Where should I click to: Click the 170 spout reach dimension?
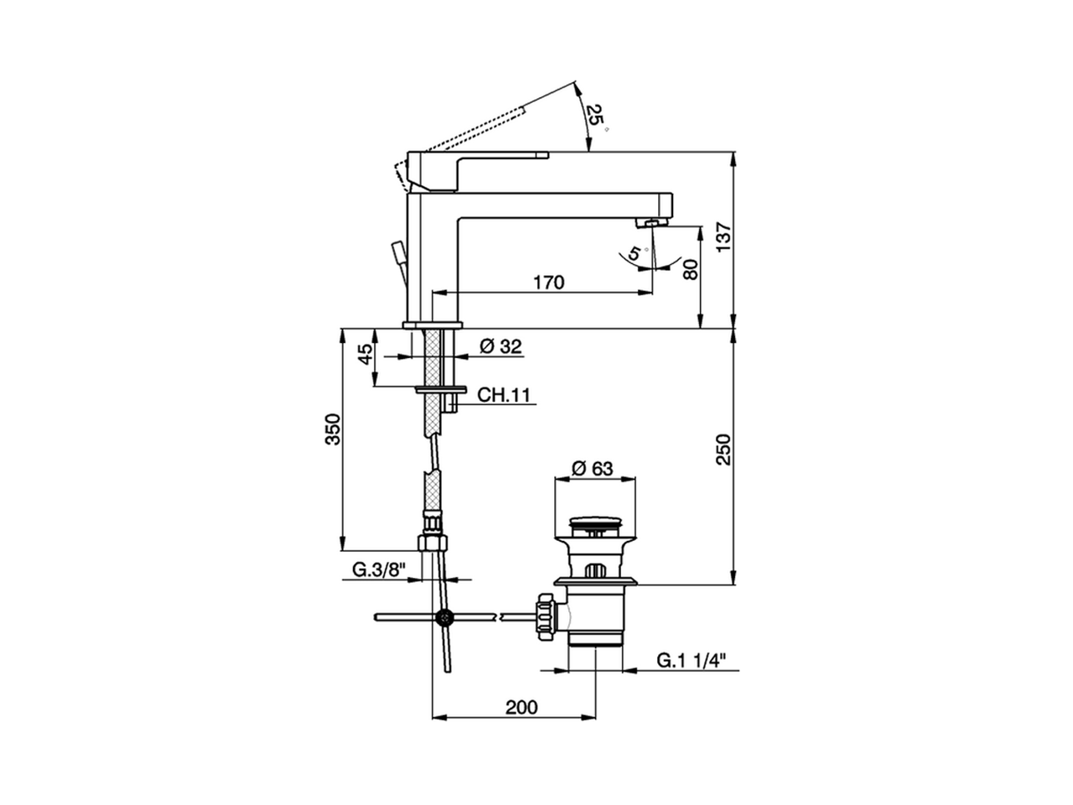pyautogui.click(x=548, y=283)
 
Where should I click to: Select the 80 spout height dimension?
pyautogui.click(x=691, y=269)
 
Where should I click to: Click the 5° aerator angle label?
pyautogui.click(x=636, y=253)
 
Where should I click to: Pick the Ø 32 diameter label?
pyautogui.click(x=500, y=346)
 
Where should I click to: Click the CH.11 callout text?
pyautogui.click(x=504, y=394)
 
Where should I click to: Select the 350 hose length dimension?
pyautogui.click(x=333, y=429)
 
